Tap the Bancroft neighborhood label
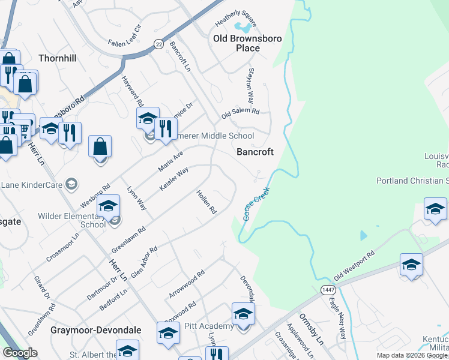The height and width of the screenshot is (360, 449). click(255, 152)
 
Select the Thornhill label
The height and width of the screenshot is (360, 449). click(58, 59)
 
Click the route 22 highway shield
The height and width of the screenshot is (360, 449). click(158, 44)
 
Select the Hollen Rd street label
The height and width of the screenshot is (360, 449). click(206, 202)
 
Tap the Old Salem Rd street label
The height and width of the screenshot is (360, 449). click(240, 113)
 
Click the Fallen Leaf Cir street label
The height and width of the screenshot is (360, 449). click(124, 37)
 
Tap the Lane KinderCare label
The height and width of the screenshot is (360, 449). click(33, 184)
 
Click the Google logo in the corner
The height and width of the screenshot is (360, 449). click(20, 353)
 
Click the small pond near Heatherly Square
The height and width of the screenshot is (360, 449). click(243, 27)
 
